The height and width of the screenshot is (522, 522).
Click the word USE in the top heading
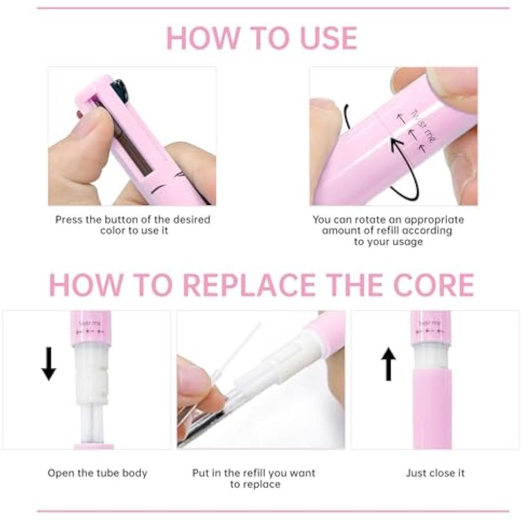pyautogui.click(x=328, y=38)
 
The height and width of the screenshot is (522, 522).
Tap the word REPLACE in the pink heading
pyautogui.click(x=249, y=285)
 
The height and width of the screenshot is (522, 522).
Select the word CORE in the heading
pyautogui.click(x=433, y=285)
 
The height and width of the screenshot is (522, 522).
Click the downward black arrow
pyautogui.click(x=49, y=363)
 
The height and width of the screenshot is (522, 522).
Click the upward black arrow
pyautogui.click(x=388, y=363)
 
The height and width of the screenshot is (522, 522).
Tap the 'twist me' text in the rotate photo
pyautogui.click(x=423, y=127)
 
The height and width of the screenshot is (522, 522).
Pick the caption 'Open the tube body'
pyautogui.click(x=97, y=473)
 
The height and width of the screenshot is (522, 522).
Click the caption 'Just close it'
pyautogui.click(x=435, y=472)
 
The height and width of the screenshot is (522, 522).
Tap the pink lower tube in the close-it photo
pyautogui.click(x=431, y=409)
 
